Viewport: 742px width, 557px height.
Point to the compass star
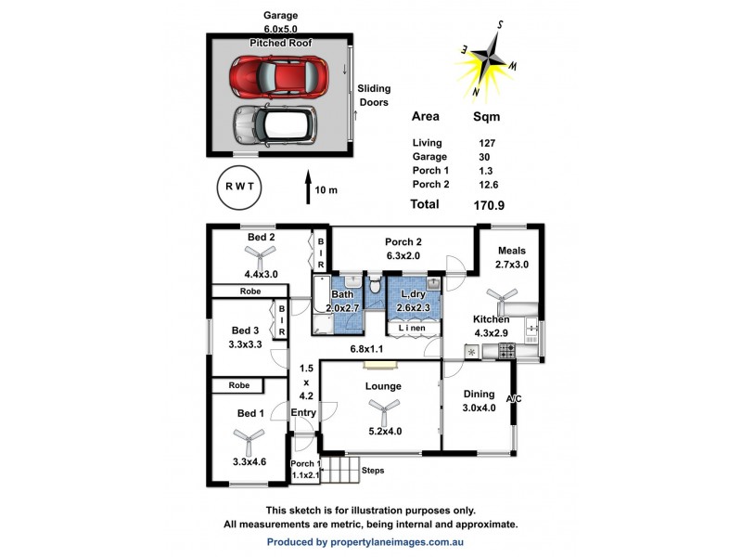pyautogui.click(x=493, y=60)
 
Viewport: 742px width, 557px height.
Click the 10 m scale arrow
pyautogui.click(x=308, y=186)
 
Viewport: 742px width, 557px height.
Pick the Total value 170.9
pyautogui.click(x=488, y=204)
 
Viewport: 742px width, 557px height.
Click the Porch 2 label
pyautogui.click(x=403, y=241)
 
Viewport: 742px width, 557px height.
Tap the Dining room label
pyautogui.click(x=480, y=394)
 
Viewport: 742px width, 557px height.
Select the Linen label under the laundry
pyautogui.click(x=412, y=328)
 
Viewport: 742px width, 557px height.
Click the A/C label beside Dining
pyautogui.click(x=514, y=400)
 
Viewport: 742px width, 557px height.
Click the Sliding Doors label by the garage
pyautogui.click(x=374, y=96)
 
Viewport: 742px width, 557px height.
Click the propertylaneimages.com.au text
pyautogui.click(x=365, y=541)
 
